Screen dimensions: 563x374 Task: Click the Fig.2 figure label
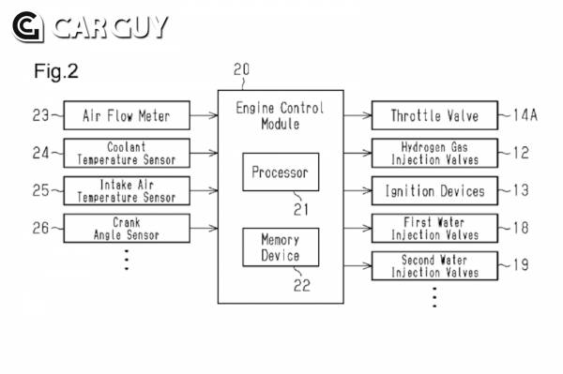pyautogui.click(x=56, y=71)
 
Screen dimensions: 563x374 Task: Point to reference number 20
pyautogui.click(x=241, y=69)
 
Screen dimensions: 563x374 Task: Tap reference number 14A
pyautogui.click(x=525, y=115)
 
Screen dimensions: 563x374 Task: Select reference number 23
pyautogui.click(x=40, y=115)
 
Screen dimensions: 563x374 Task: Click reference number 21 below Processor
pyautogui.click(x=301, y=209)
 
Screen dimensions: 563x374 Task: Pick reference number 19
pyautogui.click(x=521, y=265)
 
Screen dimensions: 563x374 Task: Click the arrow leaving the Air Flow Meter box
pyautogui.click(x=204, y=115)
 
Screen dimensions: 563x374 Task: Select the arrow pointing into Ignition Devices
pyautogui.click(x=358, y=191)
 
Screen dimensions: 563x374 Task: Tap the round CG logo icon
pyautogui.click(x=28, y=26)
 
